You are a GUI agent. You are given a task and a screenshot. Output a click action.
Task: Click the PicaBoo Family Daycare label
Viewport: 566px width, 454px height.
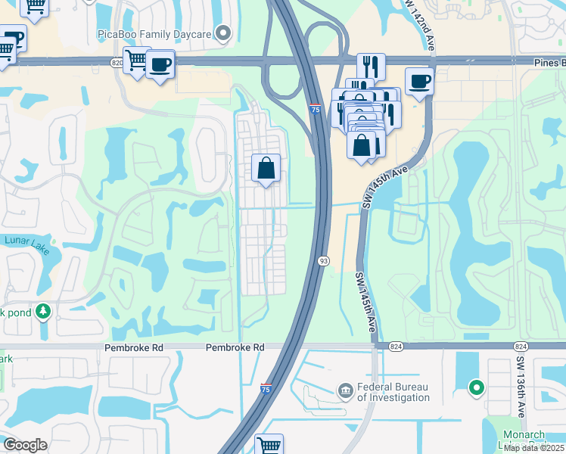[154, 33]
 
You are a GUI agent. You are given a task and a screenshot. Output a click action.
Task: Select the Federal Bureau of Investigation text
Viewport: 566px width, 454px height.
[393, 391]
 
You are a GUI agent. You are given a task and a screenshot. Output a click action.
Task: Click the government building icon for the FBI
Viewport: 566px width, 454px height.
[345, 390]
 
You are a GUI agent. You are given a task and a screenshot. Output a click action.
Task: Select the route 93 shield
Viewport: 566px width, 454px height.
[323, 261]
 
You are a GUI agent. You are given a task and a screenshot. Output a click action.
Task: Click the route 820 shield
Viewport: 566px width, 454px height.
[117, 62]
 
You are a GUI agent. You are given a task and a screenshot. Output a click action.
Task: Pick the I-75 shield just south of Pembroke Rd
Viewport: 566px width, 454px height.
[265, 389]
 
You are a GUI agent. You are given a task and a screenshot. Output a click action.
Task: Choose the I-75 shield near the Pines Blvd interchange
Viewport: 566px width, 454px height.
[314, 110]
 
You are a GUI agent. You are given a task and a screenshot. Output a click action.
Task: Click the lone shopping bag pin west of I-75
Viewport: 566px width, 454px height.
[266, 168]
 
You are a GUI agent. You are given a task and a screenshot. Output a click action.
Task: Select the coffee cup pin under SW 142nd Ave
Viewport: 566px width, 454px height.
[419, 81]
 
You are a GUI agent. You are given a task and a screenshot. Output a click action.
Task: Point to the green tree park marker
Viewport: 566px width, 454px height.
[43, 311]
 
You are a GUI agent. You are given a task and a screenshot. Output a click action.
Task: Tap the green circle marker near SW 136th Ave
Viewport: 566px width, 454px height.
[476, 388]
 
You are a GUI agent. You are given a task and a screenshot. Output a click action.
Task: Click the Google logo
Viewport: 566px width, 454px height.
[24, 445]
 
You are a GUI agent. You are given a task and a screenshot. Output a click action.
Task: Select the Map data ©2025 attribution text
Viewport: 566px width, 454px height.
[533, 448]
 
